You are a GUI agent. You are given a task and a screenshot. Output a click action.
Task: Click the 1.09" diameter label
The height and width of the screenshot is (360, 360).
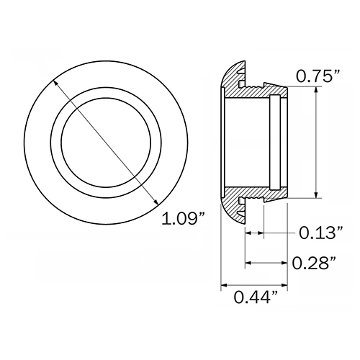183,218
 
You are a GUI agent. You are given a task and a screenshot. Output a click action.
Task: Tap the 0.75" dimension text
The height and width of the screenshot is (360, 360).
318,76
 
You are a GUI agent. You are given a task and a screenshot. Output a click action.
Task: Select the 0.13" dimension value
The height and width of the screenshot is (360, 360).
321,233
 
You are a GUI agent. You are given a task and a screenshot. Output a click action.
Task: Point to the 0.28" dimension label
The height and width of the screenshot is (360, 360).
314,263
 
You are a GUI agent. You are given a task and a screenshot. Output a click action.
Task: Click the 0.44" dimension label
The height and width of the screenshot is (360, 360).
256,297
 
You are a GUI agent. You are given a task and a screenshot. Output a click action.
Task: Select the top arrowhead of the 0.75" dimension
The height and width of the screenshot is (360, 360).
317,89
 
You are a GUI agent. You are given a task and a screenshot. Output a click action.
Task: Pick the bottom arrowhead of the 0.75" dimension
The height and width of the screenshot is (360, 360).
317,195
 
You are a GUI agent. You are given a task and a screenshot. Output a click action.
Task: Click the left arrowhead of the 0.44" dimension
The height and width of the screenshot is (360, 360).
224,285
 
